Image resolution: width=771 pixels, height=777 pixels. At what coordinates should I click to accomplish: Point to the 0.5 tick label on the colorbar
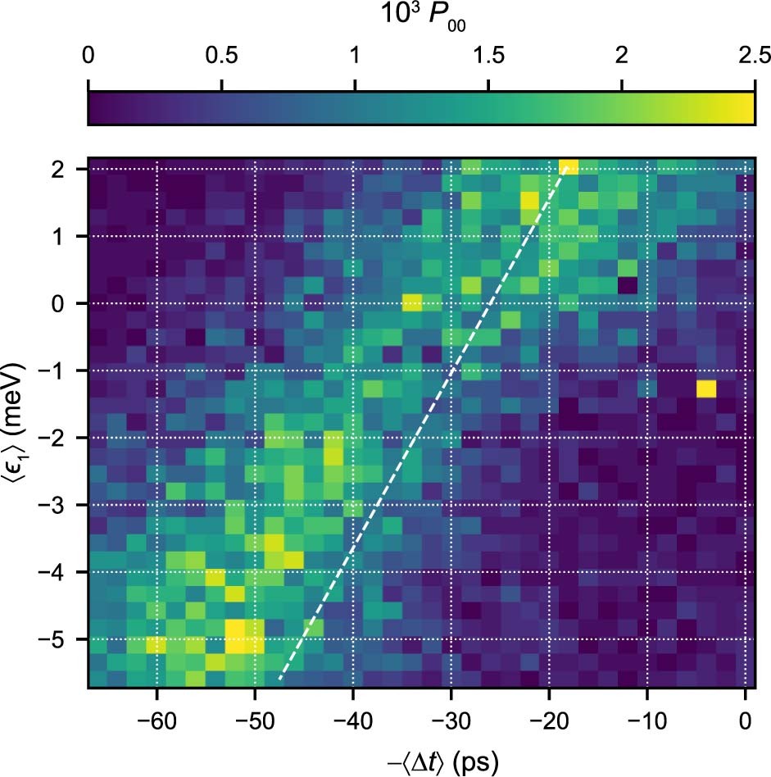tap(221, 57)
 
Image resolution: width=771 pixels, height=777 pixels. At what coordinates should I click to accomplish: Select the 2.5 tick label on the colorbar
tap(754, 57)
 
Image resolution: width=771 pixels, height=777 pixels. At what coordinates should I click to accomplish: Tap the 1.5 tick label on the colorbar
tap(488, 57)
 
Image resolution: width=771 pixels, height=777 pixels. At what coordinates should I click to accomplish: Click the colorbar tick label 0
tap(88, 57)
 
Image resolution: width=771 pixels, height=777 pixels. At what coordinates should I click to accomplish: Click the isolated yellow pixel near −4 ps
tap(706, 388)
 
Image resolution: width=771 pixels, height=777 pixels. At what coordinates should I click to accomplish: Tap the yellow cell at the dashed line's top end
tap(569, 167)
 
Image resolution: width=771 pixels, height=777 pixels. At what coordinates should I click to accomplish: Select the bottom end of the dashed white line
tap(279, 679)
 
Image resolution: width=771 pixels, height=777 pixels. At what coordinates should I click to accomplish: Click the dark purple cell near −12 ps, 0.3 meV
tap(628, 285)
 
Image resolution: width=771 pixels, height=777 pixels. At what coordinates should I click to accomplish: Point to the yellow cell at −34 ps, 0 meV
tap(412, 302)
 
